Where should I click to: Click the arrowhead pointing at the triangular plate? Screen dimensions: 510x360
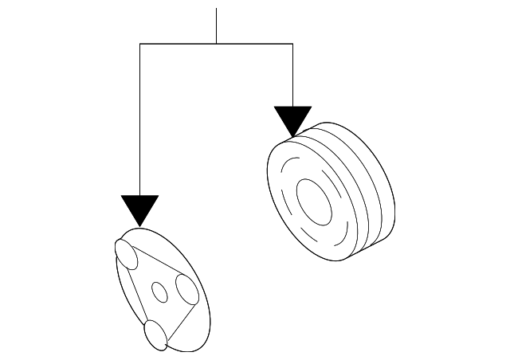[x=140, y=209]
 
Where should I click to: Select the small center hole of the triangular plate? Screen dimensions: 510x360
[x=160, y=292]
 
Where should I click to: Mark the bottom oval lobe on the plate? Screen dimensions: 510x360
[x=155, y=335]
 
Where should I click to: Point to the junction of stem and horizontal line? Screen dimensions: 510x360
[x=217, y=44]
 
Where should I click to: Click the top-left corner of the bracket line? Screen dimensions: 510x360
[x=140, y=44]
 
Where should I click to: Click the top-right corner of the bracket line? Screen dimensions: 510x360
[x=292, y=44]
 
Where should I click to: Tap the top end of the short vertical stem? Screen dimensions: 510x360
[x=217, y=10]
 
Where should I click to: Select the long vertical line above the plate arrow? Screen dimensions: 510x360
[x=140, y=119]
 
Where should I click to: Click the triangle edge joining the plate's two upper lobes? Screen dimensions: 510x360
[x=158, y=264]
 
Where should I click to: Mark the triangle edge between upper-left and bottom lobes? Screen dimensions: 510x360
[x=139, y=295]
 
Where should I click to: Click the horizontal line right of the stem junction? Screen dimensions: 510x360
[x=255, y=44]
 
